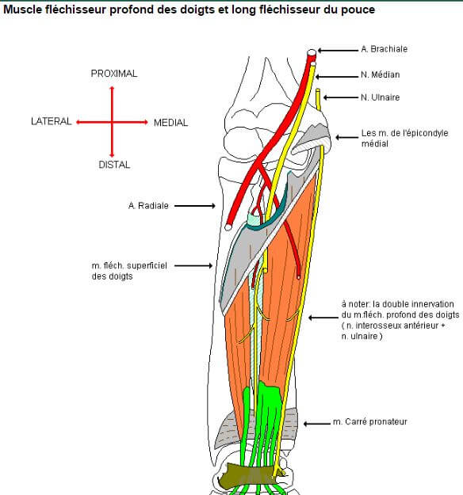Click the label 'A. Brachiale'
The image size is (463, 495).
pos(385,49)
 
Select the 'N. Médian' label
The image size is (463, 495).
pos(380,74)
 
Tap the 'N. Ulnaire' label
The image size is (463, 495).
pos(381,97)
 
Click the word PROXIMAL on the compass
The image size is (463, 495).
pos(113,73)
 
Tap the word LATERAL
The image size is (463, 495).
pos(51,122)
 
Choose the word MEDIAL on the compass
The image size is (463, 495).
pos(170,123)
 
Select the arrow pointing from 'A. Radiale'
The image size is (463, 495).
pos(194,205)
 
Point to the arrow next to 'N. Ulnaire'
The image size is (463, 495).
pos(339,97)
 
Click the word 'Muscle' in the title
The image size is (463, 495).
pos(25,10)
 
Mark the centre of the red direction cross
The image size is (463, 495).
pos(112,122)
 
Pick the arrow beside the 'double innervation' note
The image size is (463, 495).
pos(322,318)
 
